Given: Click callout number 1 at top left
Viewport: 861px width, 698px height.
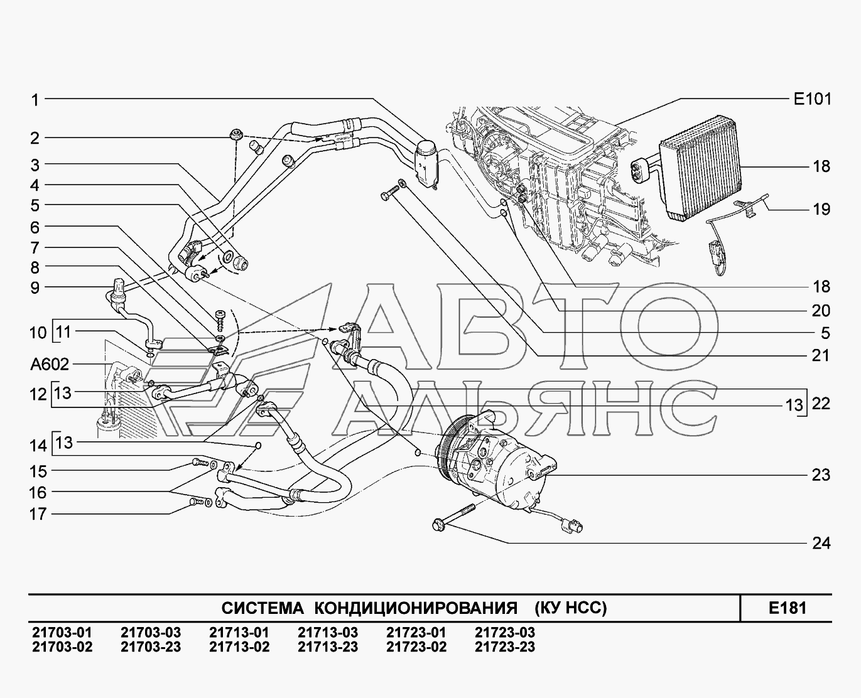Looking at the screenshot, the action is (x=36, y=100).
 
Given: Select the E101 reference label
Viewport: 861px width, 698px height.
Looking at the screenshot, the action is (x=813, y=99).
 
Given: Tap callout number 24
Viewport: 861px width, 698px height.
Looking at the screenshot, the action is (x=821, y=544).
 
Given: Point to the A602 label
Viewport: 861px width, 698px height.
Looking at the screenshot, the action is (x=50, y=364).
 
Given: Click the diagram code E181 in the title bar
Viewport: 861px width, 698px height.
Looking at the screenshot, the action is (x=788, y=608).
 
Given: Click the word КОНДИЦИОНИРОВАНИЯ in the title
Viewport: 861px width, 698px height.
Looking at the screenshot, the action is (x=416, y=608).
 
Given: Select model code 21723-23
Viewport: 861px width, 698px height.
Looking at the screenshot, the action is (x=505, y=647).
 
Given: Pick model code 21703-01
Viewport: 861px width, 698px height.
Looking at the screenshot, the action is (x=62, y=632).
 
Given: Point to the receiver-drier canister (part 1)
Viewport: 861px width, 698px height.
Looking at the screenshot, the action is (x=426, y=164).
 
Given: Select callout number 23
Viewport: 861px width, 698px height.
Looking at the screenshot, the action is (x=821, y=475).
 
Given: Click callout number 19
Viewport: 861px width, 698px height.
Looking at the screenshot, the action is (x=821, y=209).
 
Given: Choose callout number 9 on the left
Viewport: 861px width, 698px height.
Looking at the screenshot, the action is (x=36, y=288).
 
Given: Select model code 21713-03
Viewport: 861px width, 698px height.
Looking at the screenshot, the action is (x=328, y=632).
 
